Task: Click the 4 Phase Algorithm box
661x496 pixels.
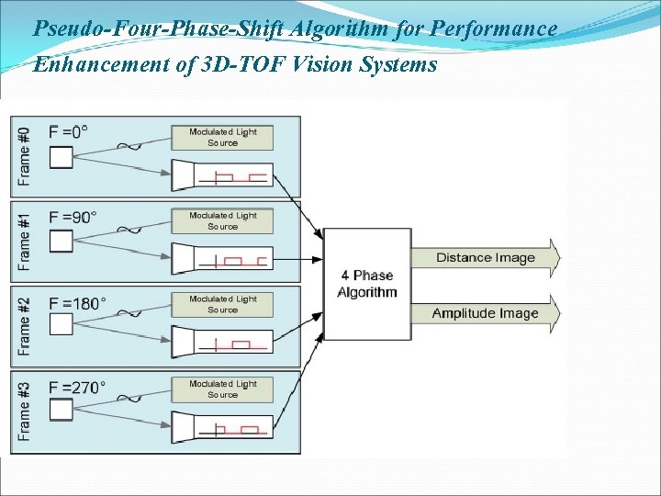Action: coord(366,284)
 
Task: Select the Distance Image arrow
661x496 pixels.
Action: coord(486,258)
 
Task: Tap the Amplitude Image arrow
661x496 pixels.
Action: coord(486,313)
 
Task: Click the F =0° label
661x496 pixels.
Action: coord(69,131)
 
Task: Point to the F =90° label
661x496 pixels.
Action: coord(73,217)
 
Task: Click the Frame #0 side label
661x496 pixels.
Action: coord(25,155)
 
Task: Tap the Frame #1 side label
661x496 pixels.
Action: coord(25,241)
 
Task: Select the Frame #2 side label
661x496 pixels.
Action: coord(25,325)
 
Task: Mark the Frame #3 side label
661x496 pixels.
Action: coord(25,411)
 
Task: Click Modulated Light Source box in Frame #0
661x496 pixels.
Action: coord(222,137)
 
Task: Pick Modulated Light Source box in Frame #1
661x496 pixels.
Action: coord(222,221)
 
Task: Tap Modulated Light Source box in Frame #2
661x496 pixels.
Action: coord(222,305)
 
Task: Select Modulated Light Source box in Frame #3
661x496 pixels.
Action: coord(222,389)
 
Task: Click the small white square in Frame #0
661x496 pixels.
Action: coord(61,158)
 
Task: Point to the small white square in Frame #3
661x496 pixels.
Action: coord(61,411)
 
